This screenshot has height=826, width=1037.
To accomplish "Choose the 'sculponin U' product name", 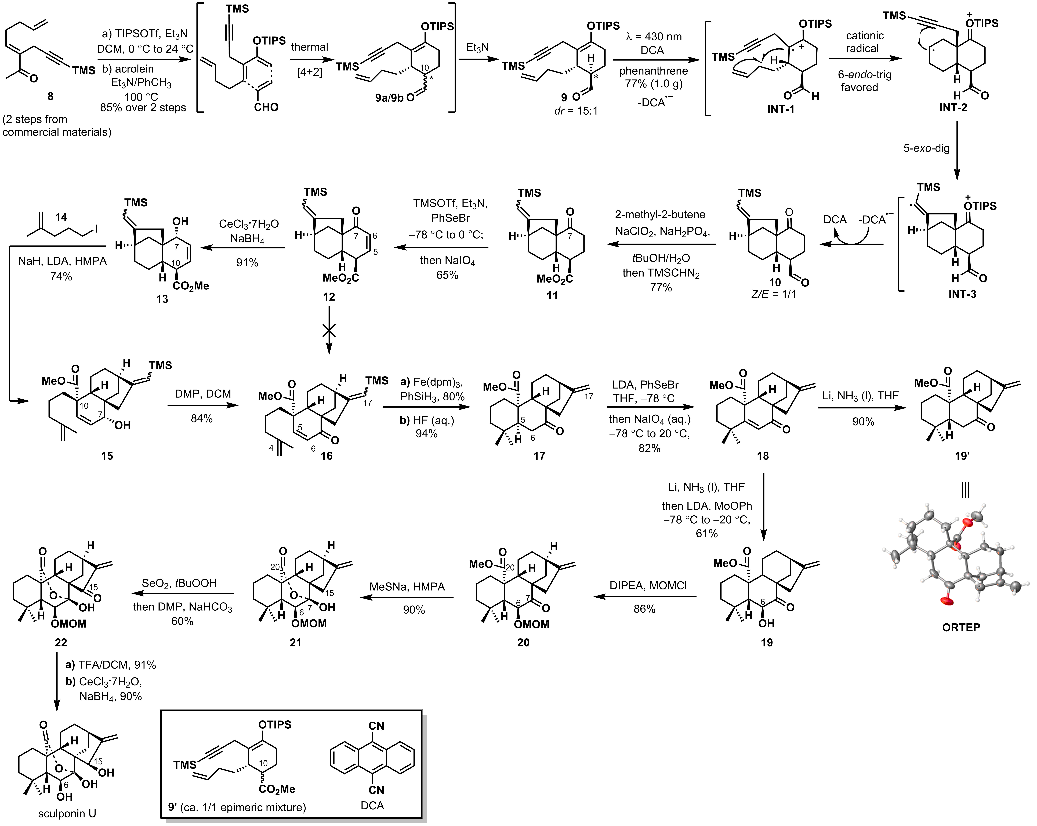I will pos(67,813).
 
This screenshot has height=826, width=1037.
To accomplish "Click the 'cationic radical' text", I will pos(864,42).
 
